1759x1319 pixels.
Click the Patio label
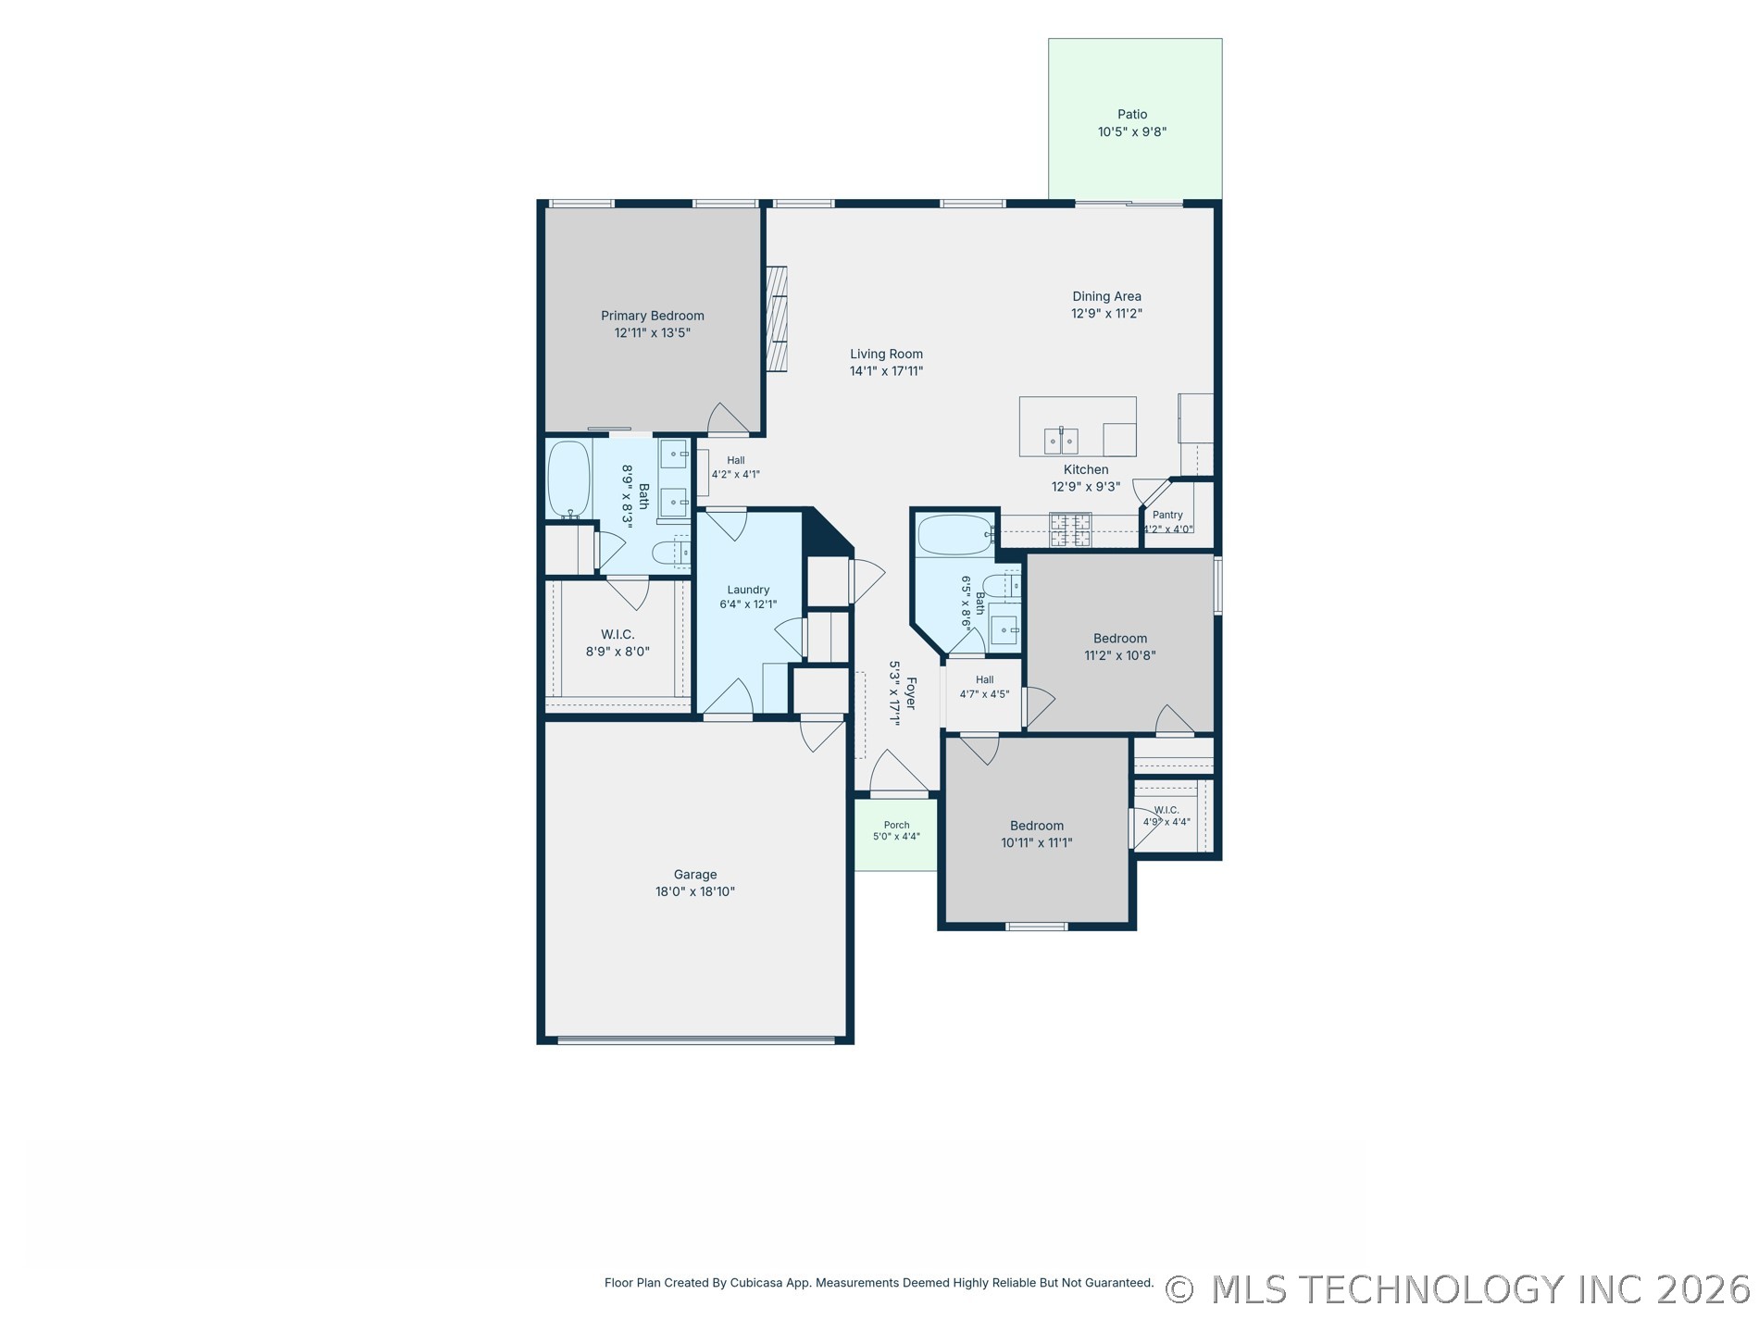tap(1131, 115)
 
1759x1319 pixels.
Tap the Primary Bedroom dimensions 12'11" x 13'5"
tap(653, 333)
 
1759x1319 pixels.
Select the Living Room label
tap(886, 354)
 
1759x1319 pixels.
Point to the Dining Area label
tap(1106, 296)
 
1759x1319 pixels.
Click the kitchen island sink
tap(1061, 441)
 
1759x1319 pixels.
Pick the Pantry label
tap(1167, 515)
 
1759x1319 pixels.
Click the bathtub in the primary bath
tap(569, 479)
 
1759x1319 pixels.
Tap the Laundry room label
tap(748, 590)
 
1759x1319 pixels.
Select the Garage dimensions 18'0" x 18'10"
tap(694, 892)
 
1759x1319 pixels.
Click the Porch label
tap(896, 825)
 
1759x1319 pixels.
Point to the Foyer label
tap(911, 693)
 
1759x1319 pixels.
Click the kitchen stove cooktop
tap(1070, 530)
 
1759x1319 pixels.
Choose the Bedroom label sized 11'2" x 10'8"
tap(1120, 639)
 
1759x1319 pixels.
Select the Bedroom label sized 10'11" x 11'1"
tap(1037, 826)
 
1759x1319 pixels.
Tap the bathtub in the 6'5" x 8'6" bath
tap(954, 535)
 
